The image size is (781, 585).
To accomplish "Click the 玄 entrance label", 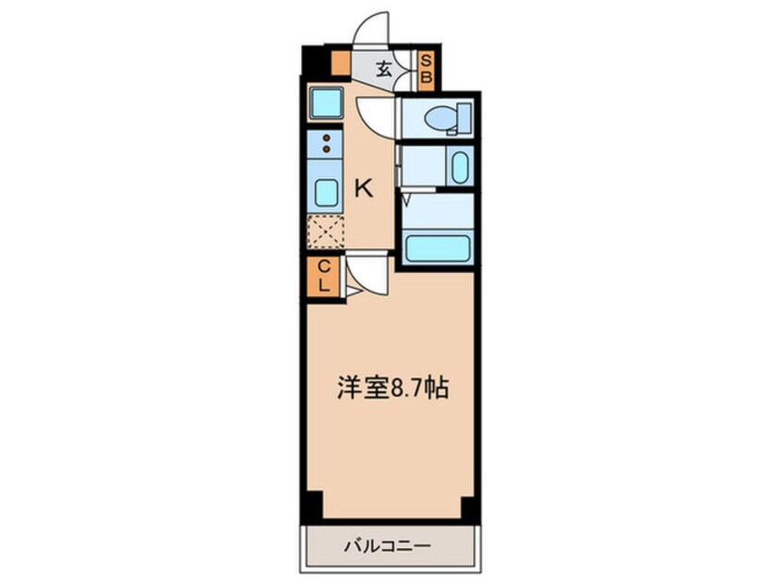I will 383,67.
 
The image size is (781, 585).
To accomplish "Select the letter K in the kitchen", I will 364,189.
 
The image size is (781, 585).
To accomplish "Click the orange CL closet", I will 324,276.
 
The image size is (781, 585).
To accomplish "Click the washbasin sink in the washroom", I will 459,167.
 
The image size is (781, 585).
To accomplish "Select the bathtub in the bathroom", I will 437,248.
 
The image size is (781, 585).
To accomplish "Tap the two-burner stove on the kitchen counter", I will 325,142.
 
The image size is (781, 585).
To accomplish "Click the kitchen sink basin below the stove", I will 325,192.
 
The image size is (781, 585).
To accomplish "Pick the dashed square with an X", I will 325,231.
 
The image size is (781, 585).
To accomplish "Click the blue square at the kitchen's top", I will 326,101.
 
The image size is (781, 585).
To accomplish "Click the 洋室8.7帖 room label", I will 390,388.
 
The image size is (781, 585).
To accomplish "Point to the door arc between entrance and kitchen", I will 376,115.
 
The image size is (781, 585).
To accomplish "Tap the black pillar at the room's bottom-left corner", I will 314,507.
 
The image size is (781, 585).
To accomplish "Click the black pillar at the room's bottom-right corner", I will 467,507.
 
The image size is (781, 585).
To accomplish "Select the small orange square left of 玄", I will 340,65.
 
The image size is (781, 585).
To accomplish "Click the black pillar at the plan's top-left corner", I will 315,62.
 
